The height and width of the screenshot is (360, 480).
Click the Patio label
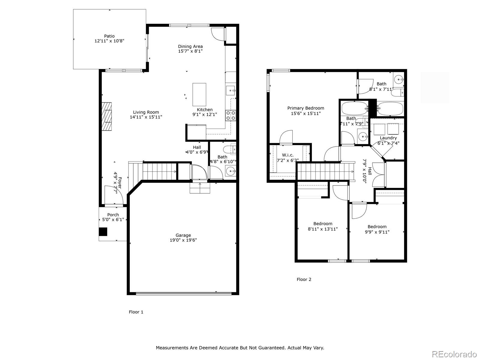pos(109,36)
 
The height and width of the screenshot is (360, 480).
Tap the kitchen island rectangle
pos(199,94)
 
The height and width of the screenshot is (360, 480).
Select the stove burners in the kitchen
pos(231,115)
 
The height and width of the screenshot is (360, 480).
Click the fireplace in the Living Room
pos(106,116)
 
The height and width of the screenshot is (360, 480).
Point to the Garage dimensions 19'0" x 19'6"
pos(183,240)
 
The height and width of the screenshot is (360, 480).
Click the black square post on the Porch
pos(103,232)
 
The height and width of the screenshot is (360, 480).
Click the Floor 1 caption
pos(136,312)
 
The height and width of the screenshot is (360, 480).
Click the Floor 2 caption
pos(304,280)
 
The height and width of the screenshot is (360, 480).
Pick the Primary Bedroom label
pos(306,108)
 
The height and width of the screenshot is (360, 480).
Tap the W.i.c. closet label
pos(288,155)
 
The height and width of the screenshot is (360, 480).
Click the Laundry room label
pos(388,138)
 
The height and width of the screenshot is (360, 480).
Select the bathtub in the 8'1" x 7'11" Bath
pos(390,108)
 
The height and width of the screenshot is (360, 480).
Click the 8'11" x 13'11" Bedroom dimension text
pos(323,229)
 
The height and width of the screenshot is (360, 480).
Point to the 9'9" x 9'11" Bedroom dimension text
pos(377,232)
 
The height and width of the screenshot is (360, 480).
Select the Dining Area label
pos(190,46)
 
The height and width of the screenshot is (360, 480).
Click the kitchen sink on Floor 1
pos(231,90)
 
